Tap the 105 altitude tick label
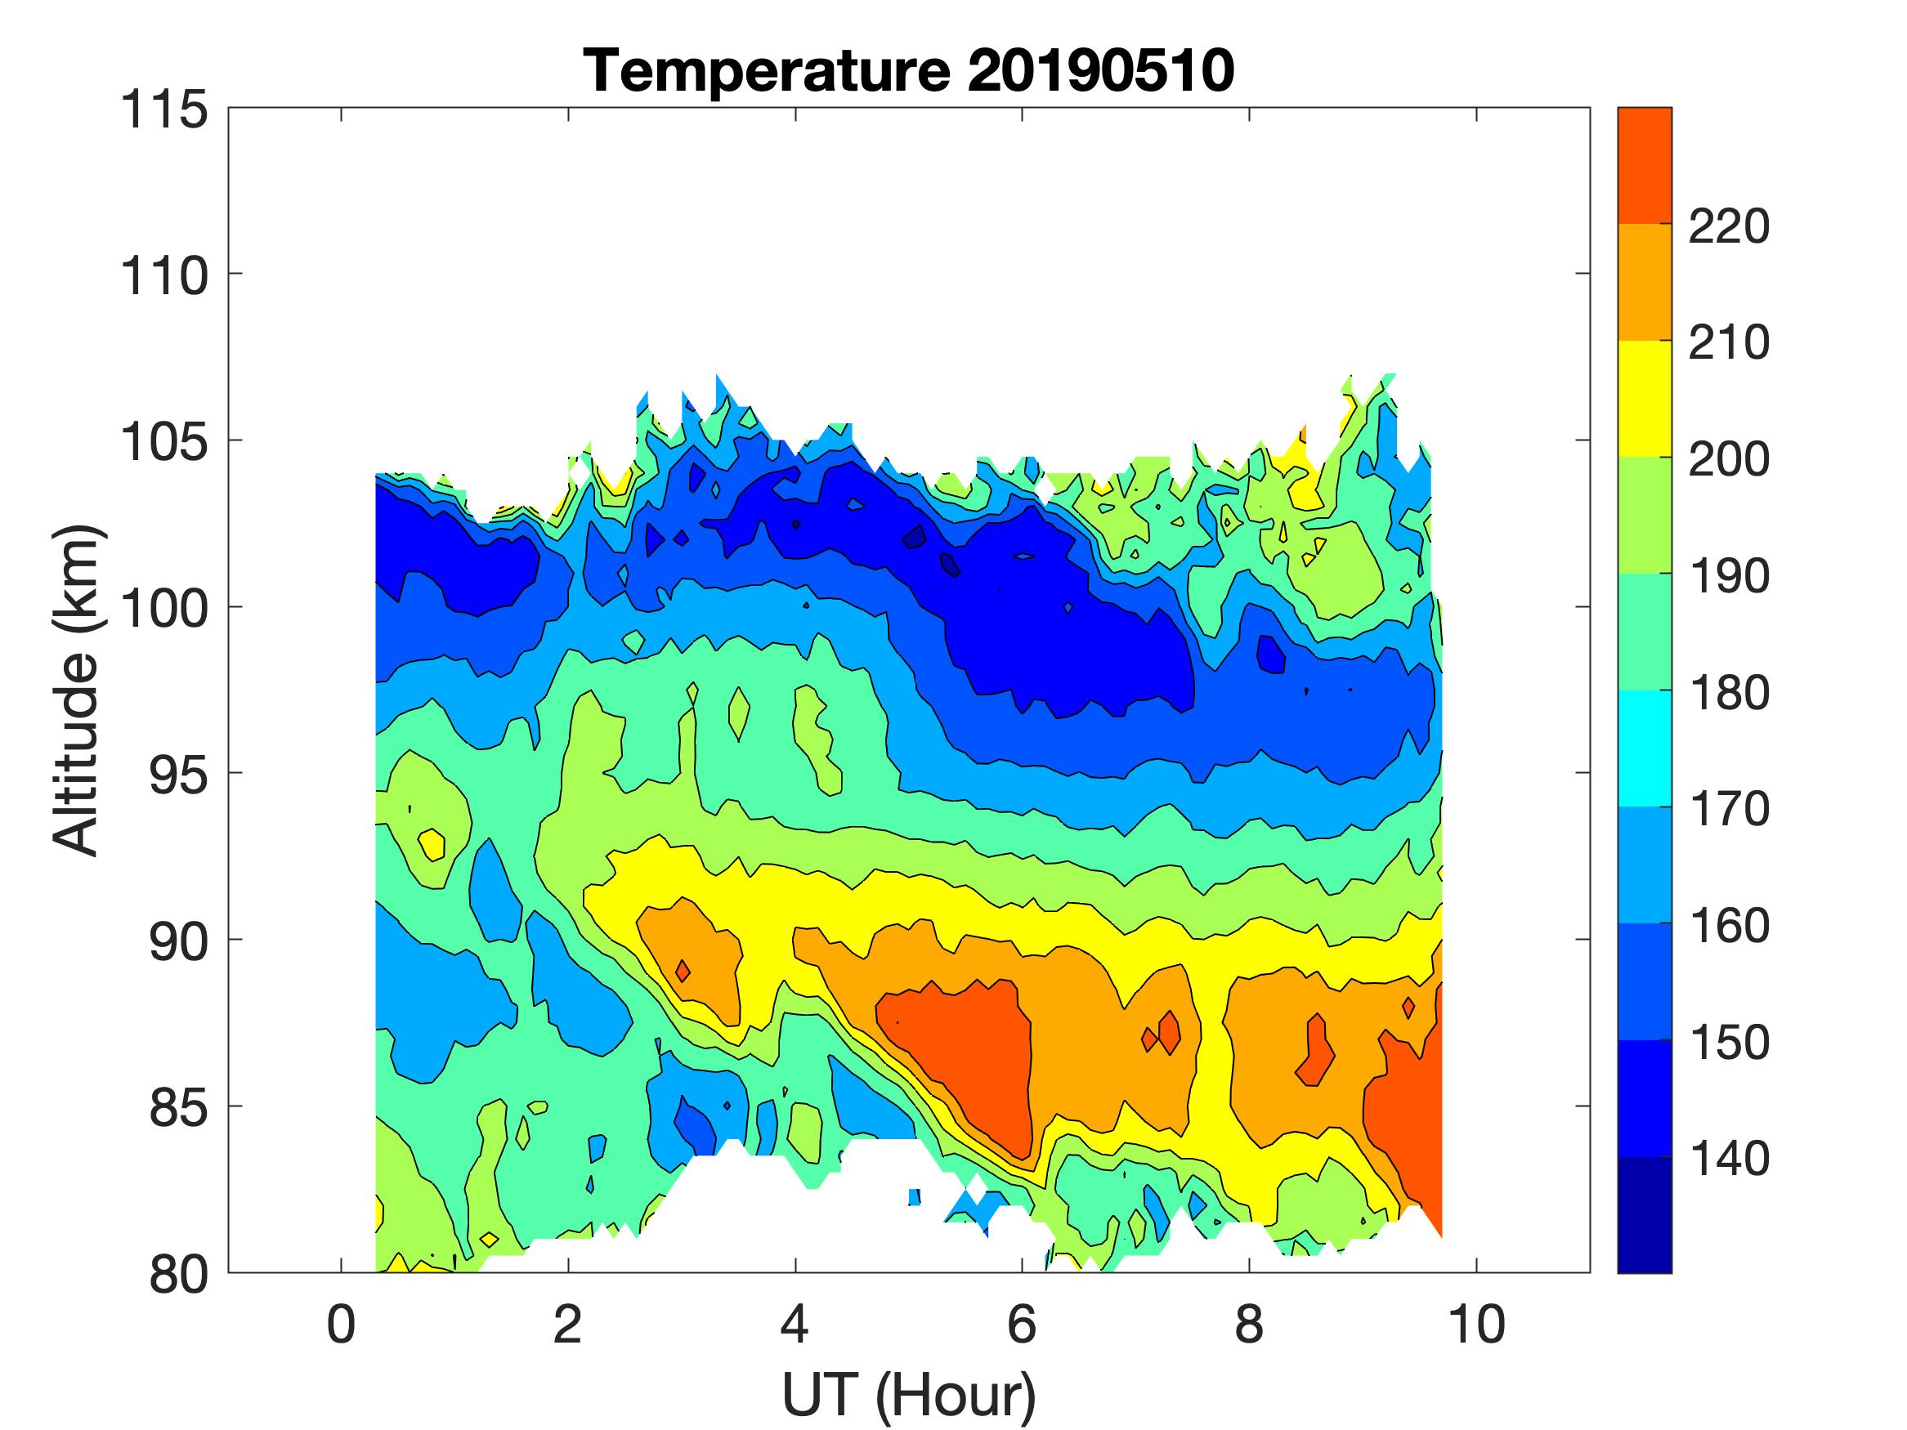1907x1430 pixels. tap(163, 442)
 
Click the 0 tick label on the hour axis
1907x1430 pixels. tap(342, 1325)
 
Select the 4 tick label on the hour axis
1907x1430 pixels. tap(795, 1325)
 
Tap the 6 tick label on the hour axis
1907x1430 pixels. tap(1022, 1325)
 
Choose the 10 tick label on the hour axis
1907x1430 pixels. tap(1477, 1325)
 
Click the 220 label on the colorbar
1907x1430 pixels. tap(1729, 226)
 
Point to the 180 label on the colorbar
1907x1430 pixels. tap(1729, 692)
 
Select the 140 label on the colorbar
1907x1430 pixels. tap(1729, 1159)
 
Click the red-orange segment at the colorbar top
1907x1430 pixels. tap(1644, 166)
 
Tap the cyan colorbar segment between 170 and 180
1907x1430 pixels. tap(1644, 749)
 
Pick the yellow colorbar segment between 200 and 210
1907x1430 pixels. tap(1644, 398)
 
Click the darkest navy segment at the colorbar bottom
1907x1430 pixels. tap(1644, 1214)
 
